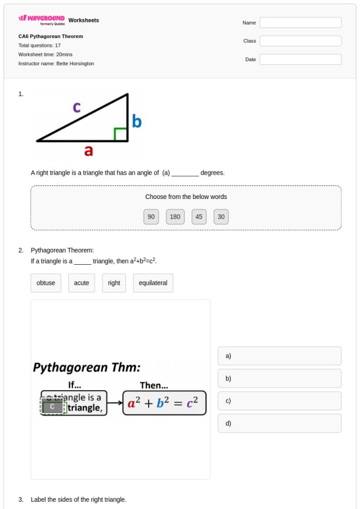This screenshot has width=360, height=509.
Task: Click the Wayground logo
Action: [42, 20]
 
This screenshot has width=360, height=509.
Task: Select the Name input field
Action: [300, 23]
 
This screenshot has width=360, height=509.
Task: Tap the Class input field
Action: [300, 41]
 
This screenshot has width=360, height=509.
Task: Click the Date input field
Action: [300, 60]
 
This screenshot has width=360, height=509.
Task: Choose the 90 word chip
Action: [151, 217]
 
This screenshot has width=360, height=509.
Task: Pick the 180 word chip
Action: [175, 217]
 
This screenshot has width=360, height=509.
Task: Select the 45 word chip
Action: [199, 217]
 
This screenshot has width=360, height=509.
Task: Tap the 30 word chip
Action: [221, 217]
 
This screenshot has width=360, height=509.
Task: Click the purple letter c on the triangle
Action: [77, 107]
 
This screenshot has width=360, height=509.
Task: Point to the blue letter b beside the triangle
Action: [136, 121]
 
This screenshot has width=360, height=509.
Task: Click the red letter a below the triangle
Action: [88, 151]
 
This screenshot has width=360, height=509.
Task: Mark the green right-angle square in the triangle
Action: [120, 134]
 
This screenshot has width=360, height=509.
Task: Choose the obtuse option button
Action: [46, 283]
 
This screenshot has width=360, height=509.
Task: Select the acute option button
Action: [82, 283]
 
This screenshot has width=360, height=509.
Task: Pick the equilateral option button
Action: [153, 283]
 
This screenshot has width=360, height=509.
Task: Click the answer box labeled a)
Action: [279, 356]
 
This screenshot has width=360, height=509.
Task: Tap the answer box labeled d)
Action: [279, 423]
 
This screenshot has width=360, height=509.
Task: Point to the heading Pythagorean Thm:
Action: [87, 368]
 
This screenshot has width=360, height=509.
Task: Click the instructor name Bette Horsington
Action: [75, 64]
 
